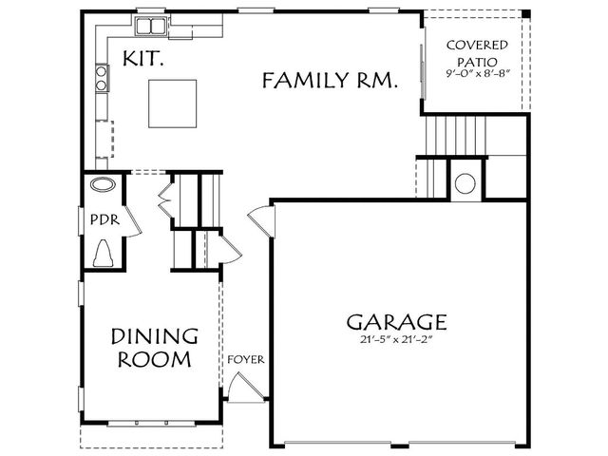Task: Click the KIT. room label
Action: [x=142, y=59]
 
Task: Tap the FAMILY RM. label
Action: [x=330, y=80]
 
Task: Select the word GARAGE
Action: [x=396, y=322]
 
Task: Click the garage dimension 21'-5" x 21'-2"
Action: [x=396, y=340]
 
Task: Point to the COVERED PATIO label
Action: [x=477, y=53]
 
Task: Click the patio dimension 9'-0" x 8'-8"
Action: [x=477, y=74]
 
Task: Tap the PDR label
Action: [x=104, y=219]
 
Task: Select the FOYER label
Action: [x=246, y=359]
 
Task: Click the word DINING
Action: [x=155, y=336]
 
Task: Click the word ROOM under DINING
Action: [x=154, y=359]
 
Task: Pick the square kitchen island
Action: [x=172, y=104]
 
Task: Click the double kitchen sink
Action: [x=150, y=27]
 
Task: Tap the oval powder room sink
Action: [x=104, y=184]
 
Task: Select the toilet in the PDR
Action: [x=104, y=254]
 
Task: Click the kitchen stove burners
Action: [x=102, y=78]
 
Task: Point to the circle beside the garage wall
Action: [x=465, y=183]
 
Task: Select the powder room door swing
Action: [x=132, y=221]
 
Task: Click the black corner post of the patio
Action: [x=525, y=13]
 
